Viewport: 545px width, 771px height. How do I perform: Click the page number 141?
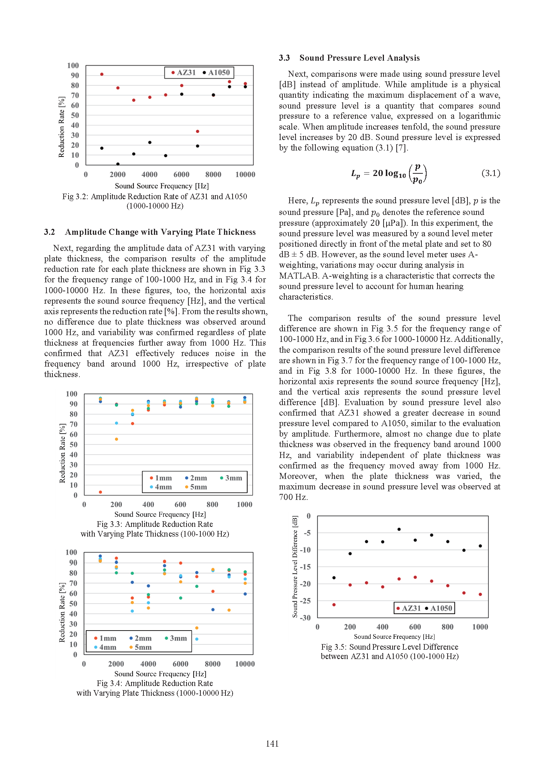[272, 744]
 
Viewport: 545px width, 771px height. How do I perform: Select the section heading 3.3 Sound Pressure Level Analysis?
[349, 58]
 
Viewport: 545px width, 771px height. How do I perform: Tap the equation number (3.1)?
[491, 173]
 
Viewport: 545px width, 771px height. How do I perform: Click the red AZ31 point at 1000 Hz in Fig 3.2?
[102, 74]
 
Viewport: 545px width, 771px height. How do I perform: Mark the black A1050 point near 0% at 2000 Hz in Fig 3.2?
[118, 164]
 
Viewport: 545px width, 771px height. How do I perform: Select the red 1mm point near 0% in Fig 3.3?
[100, 492]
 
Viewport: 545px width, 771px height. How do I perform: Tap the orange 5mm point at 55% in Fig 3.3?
[116, 439]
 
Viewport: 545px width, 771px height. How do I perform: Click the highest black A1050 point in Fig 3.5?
[399, 529]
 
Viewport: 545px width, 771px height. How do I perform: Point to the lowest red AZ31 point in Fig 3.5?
[334, 605]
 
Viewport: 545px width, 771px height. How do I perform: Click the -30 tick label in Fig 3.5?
[305, 617]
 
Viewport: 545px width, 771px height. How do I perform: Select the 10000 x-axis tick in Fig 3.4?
[245, 664]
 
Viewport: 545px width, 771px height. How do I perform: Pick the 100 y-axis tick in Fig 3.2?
[73, 66]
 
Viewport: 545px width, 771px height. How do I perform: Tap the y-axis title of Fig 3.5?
[295, 567]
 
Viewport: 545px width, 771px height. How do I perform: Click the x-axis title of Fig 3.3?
[160, 514]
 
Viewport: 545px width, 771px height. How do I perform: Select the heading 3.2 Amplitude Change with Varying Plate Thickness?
[150, 232]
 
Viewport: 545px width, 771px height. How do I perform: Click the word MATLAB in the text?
[298, 276]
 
